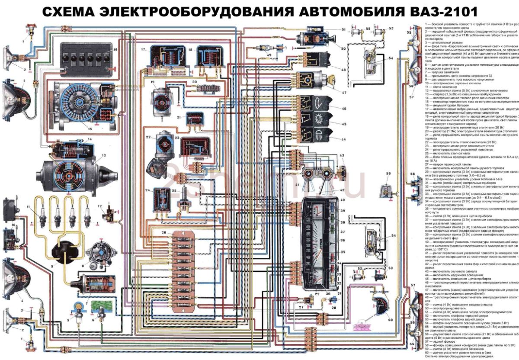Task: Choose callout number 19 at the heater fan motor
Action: coord(152,82)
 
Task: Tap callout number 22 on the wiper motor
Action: coord(148,137)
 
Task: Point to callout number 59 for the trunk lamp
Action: coord(388,174)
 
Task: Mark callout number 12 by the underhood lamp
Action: coord(99,206)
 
